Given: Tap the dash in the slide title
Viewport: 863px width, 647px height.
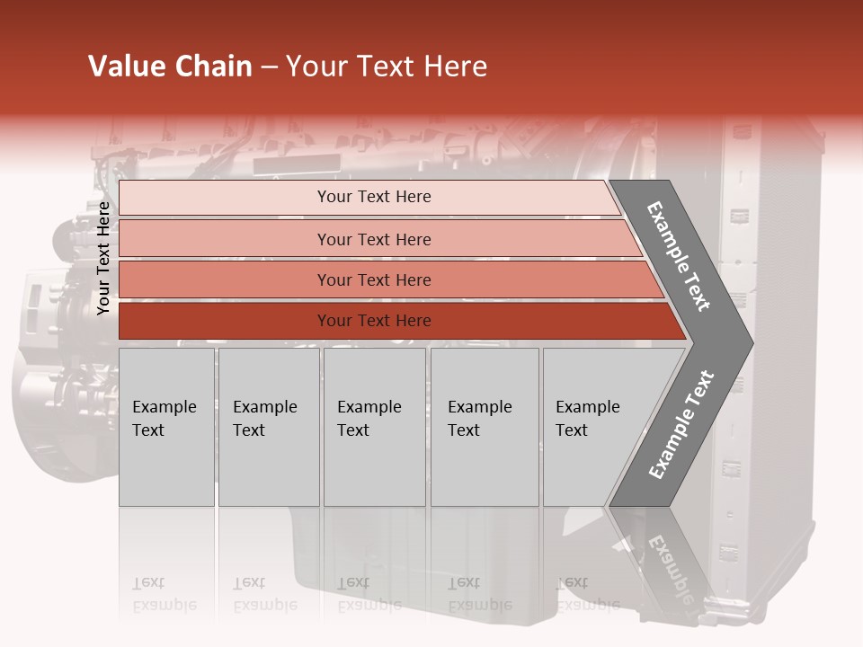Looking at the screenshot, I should coord(269,67).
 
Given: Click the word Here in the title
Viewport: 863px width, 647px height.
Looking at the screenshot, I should coord(455,66).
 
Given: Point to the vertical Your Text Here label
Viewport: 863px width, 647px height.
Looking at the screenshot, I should coord(103,258).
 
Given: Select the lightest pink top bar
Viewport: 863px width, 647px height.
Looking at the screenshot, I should coord(225,197).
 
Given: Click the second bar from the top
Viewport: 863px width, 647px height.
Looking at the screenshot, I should coord(225,239).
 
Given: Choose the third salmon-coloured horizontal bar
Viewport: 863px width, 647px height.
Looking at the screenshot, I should coord(225,279).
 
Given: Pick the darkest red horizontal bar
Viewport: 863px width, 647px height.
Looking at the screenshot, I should coord(225,321).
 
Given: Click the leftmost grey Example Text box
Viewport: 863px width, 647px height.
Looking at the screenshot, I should coord(166,427).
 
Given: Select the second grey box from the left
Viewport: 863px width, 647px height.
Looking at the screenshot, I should coord(269,427).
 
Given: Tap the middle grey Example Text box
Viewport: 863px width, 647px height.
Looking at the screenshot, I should coord(374,427).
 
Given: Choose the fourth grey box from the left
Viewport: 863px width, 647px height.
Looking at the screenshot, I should coord(485,427).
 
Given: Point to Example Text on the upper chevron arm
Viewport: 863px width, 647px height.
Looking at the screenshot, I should coord(679,256).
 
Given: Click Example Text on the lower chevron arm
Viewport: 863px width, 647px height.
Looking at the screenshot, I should coord(681,424).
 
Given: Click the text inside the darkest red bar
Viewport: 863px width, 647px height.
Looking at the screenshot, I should coord(374,321).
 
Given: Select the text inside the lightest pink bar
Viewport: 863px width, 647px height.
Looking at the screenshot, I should coord(374,197).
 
